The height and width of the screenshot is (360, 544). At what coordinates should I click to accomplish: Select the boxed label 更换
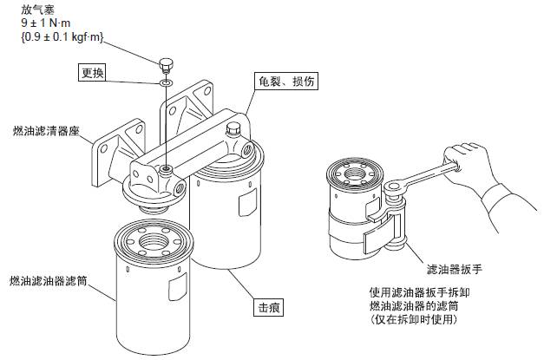pyautogui.click(x=93, y=74)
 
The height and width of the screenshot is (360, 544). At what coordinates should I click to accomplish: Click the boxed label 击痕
pyautogui.click(x=268, y=307)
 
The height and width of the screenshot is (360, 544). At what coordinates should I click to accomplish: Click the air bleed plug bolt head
pyautogui.click(x=166, y=63)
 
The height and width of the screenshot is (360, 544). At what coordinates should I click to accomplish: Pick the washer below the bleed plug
pyautogui.click(x=165, y=83)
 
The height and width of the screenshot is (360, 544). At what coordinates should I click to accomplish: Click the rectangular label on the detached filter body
pyautogui.click(x=179, y=285)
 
